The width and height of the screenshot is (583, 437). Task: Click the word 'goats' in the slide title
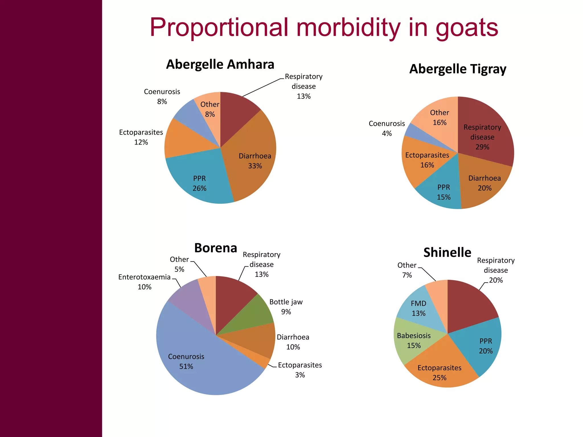(x=467, y=28)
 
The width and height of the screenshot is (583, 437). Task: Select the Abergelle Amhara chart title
(x=220, y=64)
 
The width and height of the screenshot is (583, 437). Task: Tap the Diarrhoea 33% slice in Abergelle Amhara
(x=251, y=154)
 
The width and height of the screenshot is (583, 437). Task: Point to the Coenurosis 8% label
(x=162, y=96)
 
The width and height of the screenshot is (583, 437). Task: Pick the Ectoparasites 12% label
(x=141, y=137)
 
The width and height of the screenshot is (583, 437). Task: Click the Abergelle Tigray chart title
(x=458, y=69)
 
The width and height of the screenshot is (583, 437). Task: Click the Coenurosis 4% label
(x=387, y=128)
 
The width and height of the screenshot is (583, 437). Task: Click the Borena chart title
(x=215, y=248)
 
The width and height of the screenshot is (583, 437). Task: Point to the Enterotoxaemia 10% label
(x=144, y=282)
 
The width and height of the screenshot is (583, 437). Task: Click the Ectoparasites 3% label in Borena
(x=300, y=370)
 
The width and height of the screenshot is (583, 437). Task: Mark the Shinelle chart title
(x=447, y=253)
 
